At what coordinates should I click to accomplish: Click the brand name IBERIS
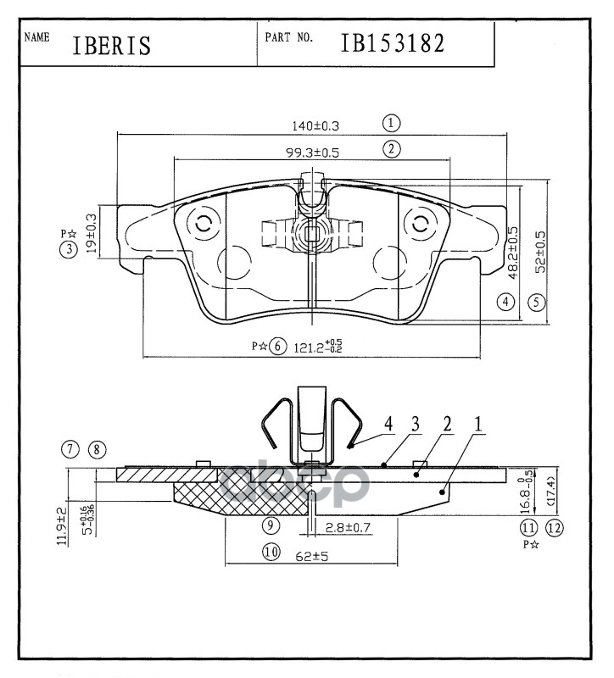pos(111,44)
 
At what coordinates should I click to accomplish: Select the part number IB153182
pos(392,42)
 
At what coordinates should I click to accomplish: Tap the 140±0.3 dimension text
pos(315,125)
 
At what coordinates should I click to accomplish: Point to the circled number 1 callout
pos(391,122)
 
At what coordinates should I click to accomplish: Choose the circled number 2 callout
pos(391,149)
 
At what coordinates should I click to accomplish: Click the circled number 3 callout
pos(69,248)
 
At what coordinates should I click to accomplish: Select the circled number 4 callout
pos(506,301)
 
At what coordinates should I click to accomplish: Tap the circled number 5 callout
pos(536,301)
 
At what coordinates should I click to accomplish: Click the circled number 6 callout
pos(277,347)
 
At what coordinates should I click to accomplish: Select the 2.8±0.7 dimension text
pos(349,528)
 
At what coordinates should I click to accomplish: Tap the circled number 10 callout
pos(271,553)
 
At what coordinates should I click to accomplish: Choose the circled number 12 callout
pos(555,528)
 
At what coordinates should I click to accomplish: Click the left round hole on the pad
pos(204,225)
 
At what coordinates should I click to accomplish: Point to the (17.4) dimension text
pos(552,491)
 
